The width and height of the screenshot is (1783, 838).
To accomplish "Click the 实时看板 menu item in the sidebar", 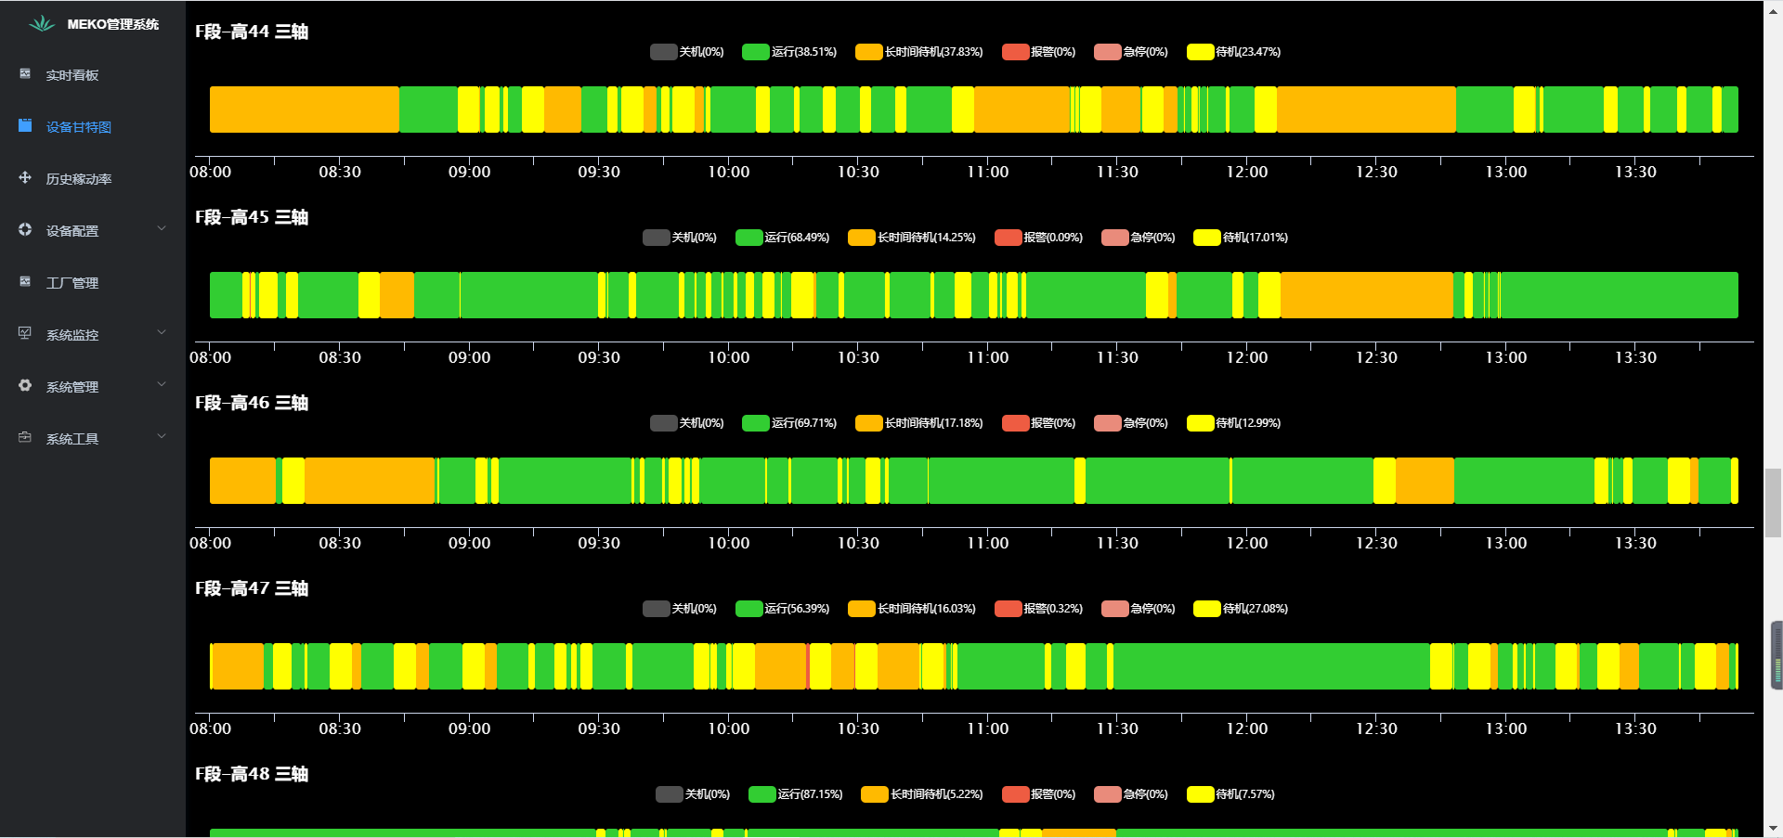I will (72, 75).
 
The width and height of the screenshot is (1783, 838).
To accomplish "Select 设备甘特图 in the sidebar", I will (78, 127).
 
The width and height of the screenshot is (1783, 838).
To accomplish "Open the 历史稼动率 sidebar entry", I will (78, 179).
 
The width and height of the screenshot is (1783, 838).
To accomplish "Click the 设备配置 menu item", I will (72, 231).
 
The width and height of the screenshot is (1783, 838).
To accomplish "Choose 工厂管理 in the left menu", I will (72, 283).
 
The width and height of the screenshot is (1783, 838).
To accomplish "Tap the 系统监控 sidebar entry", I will (72, 335).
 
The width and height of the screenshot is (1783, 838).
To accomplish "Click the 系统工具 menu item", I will (72, 439).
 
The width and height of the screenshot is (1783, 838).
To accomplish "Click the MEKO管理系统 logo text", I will (112, 24).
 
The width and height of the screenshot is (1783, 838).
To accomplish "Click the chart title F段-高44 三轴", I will (252, 32).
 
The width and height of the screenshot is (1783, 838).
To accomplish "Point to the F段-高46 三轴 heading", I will (252, 403).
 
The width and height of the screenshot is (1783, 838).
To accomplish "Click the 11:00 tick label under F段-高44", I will (987, 172).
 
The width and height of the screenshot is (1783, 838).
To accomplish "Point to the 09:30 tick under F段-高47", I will (599, 728).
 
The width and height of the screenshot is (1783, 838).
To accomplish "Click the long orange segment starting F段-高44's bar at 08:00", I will (304, 110).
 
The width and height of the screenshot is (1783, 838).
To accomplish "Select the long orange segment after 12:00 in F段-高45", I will (1366, 295).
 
